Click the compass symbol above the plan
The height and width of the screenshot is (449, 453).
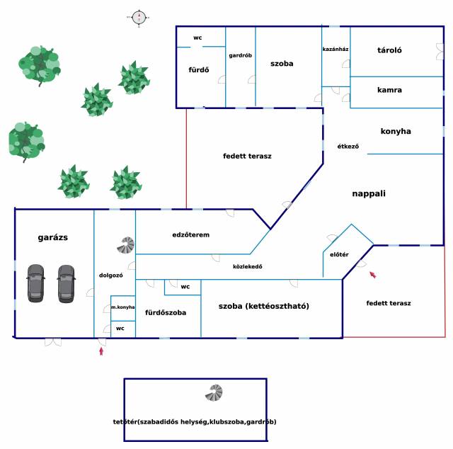139,17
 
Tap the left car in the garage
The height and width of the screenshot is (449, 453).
36,283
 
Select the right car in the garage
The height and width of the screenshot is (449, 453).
66,283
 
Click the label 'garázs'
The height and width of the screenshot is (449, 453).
53,238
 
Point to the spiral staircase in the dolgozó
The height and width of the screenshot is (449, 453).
126,245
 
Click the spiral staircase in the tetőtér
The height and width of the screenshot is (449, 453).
214,392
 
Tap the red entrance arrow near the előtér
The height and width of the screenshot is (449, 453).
372,274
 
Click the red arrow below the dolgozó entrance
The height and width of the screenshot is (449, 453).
102,350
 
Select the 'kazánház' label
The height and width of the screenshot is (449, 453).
335,50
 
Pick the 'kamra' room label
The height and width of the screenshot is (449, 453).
389,90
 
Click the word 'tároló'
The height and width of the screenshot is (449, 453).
390,50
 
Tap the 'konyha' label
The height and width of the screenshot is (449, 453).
396,131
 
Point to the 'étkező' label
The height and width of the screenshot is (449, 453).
348,147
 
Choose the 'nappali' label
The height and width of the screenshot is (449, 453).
369,193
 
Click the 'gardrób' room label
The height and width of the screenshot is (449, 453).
241,55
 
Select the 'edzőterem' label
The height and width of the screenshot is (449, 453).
191,234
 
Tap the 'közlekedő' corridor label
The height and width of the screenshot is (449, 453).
248,266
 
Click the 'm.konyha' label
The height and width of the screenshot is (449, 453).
122,307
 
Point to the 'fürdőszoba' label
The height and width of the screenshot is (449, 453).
166,312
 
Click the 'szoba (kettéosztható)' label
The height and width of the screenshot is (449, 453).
264,306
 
